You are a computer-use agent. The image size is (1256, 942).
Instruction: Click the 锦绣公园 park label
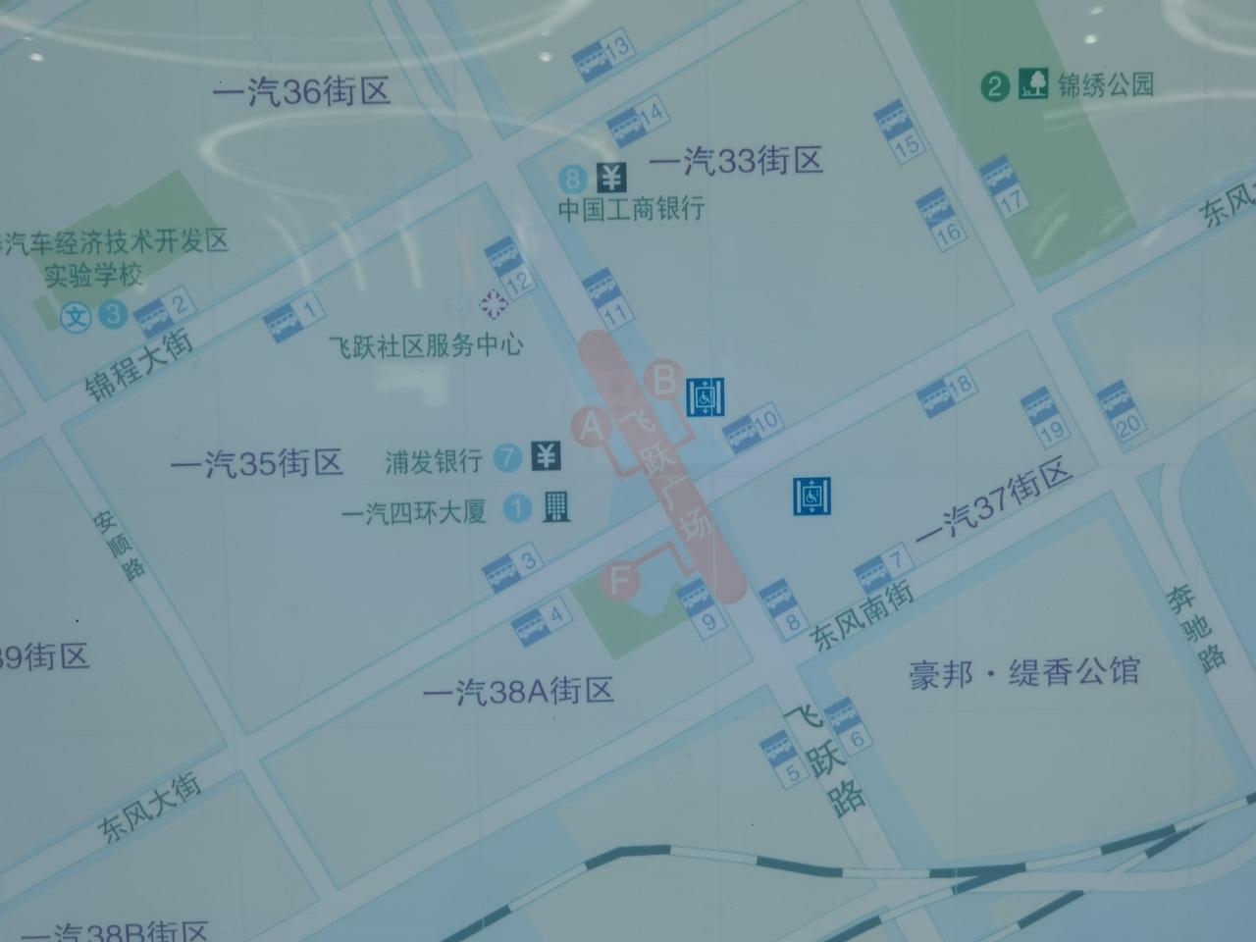[x=1105, y=85]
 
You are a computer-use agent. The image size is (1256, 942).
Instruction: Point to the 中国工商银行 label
[x=631, y=209]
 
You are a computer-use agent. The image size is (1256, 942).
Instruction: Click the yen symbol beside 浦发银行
[x=546, y=456]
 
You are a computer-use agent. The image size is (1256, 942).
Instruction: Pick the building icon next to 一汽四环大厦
[x=555, y=506]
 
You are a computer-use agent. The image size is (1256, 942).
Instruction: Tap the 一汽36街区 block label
[x=302, y=92]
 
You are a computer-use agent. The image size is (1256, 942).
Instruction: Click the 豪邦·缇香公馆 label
[x=1024, y=673]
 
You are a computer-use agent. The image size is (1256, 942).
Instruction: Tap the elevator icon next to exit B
[x=705, y=396]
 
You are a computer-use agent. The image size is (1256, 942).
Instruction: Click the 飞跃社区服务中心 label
[x=426, y=345]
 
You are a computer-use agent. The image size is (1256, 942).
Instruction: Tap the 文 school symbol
[x=77, y=316]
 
